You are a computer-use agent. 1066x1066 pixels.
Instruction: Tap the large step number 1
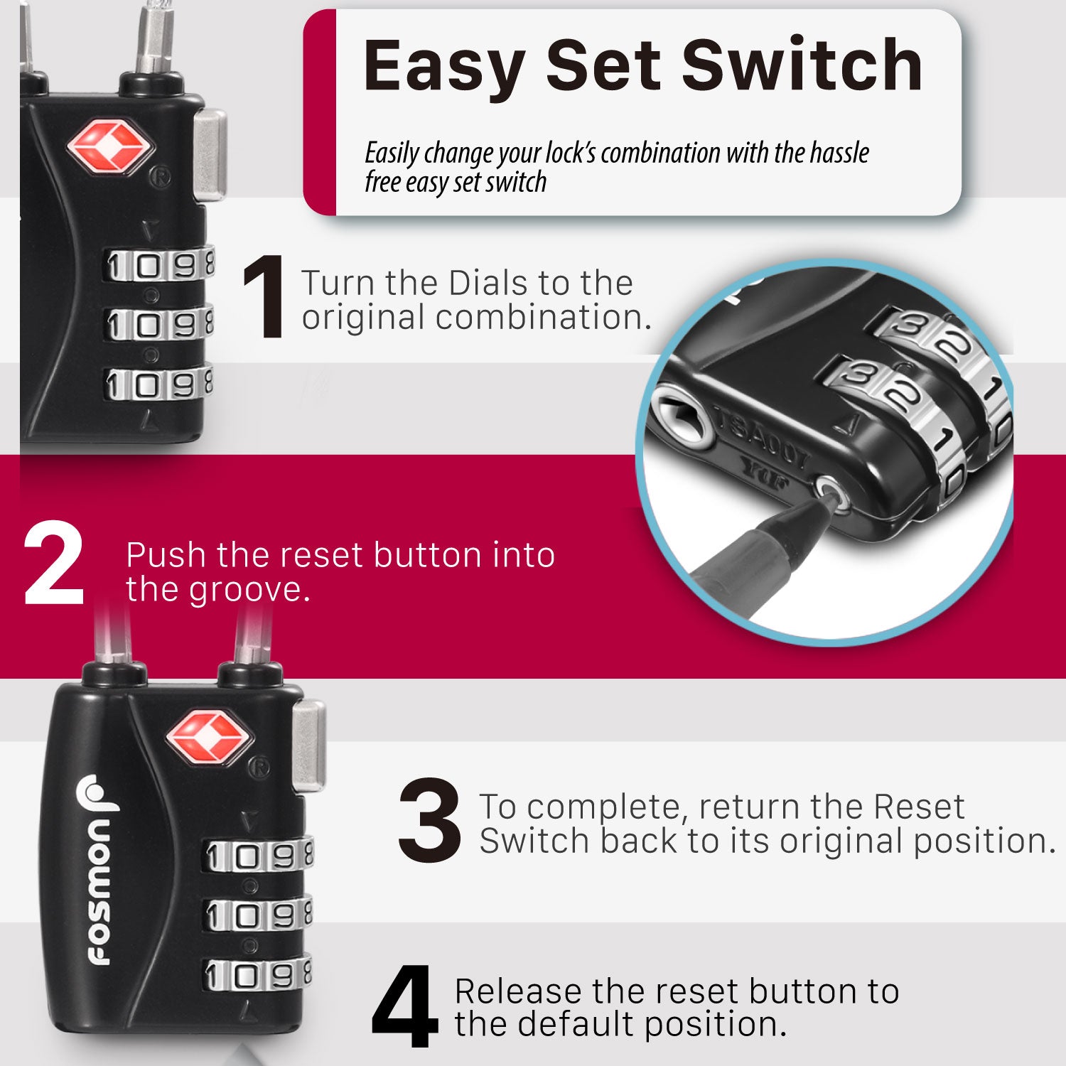point(264,298)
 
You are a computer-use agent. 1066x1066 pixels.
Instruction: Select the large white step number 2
point(53,563)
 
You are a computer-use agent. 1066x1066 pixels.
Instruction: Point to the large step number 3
point(429,821)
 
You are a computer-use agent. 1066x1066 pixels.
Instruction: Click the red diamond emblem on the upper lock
point(110,147)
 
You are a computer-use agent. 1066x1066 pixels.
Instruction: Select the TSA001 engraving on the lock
point(760,436)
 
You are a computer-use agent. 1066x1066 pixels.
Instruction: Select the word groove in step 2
point(251,591)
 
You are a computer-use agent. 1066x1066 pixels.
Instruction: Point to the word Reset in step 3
point(919,807)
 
